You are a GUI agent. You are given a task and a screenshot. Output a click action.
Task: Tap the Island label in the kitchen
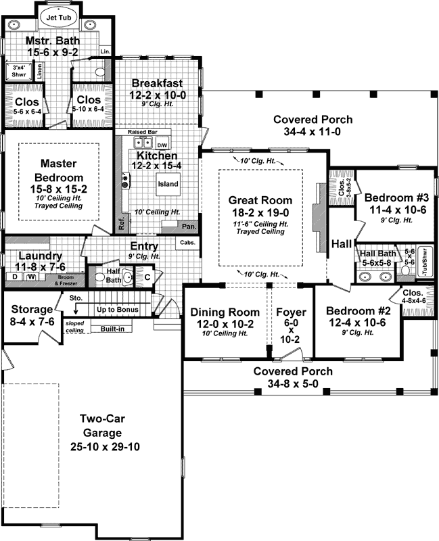pos(168,184)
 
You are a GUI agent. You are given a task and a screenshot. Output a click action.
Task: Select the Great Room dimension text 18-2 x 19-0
pos(260,212)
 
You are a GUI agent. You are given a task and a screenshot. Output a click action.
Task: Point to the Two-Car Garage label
pos(99,425)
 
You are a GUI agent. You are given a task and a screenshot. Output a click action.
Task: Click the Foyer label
pos(292,312)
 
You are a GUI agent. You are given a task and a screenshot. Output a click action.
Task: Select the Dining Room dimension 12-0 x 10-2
pos(225,325)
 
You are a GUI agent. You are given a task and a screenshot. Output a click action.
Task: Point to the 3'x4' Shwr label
pos(15,70)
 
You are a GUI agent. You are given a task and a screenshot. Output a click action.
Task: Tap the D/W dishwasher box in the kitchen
pos(162,145)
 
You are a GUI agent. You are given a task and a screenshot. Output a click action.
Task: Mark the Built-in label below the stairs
pos(112,329)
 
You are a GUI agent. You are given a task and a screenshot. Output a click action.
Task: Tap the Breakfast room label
pos(159,83)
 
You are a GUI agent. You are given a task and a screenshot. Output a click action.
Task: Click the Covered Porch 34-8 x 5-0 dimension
pos(293,384)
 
